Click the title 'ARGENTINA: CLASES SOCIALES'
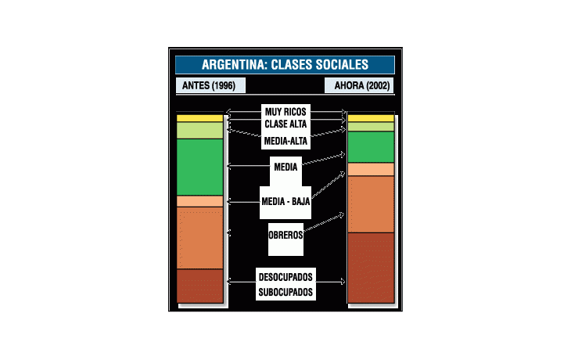[285, 65]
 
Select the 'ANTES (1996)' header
[210, 85]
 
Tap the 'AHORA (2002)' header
[358, 85]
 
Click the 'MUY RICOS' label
[285, 112]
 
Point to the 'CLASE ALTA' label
[285, 124]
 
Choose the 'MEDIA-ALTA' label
[285, 141]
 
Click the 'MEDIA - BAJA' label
[285, 202]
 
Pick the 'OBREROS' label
[285, 236]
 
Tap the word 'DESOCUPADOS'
[285, 277]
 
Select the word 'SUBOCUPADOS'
[285, 292]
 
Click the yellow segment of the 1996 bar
[200, 118]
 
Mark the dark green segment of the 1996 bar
[200, 167]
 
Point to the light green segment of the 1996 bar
[200, 130]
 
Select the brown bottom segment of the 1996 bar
[200, 286]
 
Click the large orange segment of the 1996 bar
[200, 238]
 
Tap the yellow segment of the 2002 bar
[371, 118]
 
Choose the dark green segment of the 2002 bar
[371, 146]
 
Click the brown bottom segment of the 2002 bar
[371, 267]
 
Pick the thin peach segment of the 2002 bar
[371, 169]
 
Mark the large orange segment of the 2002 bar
[371, 204]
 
